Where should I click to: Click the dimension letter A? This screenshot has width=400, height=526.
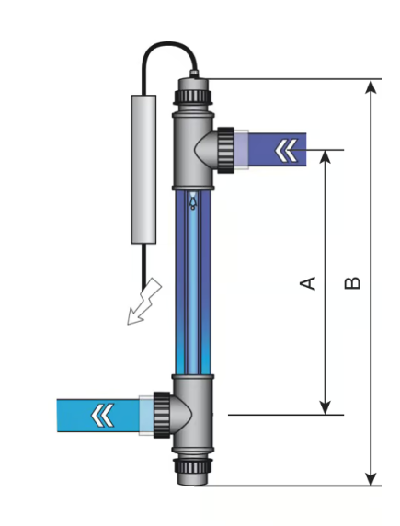coord(308,283)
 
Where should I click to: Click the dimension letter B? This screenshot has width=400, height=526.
coord(352,283)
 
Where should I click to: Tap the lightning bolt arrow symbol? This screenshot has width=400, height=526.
coord(144,302)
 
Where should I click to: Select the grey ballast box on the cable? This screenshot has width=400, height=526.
coord(143,169)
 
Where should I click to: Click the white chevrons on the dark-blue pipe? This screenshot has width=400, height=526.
coord(286,150)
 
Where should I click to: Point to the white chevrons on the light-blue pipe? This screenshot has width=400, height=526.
coord(102,415)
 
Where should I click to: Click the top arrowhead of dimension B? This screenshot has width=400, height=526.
coord(371,86)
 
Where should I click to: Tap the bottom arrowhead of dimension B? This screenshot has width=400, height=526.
coord(371,478)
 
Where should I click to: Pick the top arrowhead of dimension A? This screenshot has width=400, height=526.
coord(325,157)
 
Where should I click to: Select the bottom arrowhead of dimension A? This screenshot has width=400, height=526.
coord(325,407)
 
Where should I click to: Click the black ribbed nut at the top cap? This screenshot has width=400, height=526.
coord(193,97)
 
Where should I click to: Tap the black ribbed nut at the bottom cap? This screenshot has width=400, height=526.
coord(193,466)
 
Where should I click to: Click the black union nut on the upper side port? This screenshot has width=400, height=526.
coord(225,150)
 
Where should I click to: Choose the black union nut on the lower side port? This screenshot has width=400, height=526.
coord(162,415)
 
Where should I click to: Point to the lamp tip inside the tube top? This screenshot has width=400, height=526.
coord(192,200)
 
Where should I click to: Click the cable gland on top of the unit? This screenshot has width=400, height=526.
coord(194,74)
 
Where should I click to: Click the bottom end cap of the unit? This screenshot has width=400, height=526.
coord(193,479)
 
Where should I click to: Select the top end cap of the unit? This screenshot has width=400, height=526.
coord(193,85)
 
